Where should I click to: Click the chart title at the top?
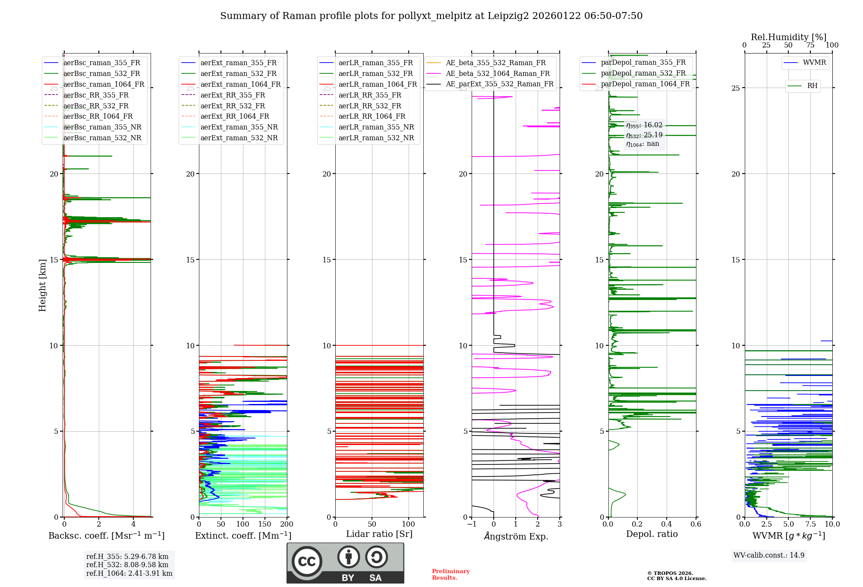coord(431,16)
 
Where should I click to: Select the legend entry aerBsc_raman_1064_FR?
coord(104,85)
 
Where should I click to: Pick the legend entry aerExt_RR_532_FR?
coord(233,106)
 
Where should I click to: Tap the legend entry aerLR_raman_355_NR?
coord(376,127)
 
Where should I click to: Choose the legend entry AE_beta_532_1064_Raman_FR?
coord(498,74)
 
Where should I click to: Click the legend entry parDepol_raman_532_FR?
coord(643,73)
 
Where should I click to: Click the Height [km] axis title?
coord(42,285)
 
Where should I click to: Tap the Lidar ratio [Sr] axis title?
coord(379,534)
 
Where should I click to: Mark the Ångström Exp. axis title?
coord(516,537)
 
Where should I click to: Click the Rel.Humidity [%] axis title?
coord(788,37)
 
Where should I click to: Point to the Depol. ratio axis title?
coord(652,534)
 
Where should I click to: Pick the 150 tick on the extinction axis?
coord(265,524)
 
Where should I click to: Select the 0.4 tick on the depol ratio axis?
coord(667,524)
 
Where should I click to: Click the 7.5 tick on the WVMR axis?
coord(810,524)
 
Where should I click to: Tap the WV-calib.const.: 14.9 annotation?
coord(769,555)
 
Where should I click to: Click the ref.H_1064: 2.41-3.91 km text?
coord(129,574)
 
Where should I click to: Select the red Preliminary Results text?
coord(450,574)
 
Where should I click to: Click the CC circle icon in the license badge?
coord(307,562)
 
